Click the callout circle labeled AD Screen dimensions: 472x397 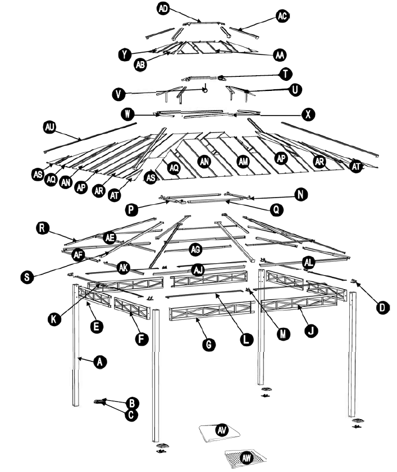pos(163,8)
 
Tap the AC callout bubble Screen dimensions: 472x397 pos(282,16)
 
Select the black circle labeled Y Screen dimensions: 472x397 pos(125,54)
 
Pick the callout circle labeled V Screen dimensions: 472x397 pos(118,94)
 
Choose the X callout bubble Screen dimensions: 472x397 pos(308,114)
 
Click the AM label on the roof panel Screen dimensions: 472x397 pos(243,161)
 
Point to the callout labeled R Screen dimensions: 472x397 pos(41,227)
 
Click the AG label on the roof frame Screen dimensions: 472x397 pos(196,248)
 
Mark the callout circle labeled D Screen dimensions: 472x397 pos(382,306)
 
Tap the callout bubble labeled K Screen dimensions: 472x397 pos(54,318)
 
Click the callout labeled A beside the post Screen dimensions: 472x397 pos(99,363)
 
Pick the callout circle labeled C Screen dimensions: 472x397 pos(131,415)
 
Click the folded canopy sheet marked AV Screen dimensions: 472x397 pos(221,431)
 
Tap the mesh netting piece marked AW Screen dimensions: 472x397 pos(245,458)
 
